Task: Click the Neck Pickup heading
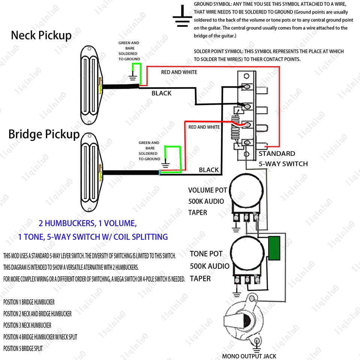coord(41,35)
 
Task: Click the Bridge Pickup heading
coord(44,134)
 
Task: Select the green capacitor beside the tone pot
coord(275,249)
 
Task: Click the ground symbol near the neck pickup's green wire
coord(132,78)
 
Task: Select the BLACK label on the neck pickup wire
coord(161,93)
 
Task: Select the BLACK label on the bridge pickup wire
coord(208,170)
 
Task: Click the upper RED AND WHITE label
coord(179,72)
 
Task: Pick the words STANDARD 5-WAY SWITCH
coord(283,159)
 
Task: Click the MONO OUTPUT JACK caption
coord(249,356)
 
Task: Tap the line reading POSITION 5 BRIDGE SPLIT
coord(23,348)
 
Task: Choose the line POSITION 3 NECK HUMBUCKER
coord(27,325)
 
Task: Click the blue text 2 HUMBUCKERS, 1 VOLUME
coord(88,223)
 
